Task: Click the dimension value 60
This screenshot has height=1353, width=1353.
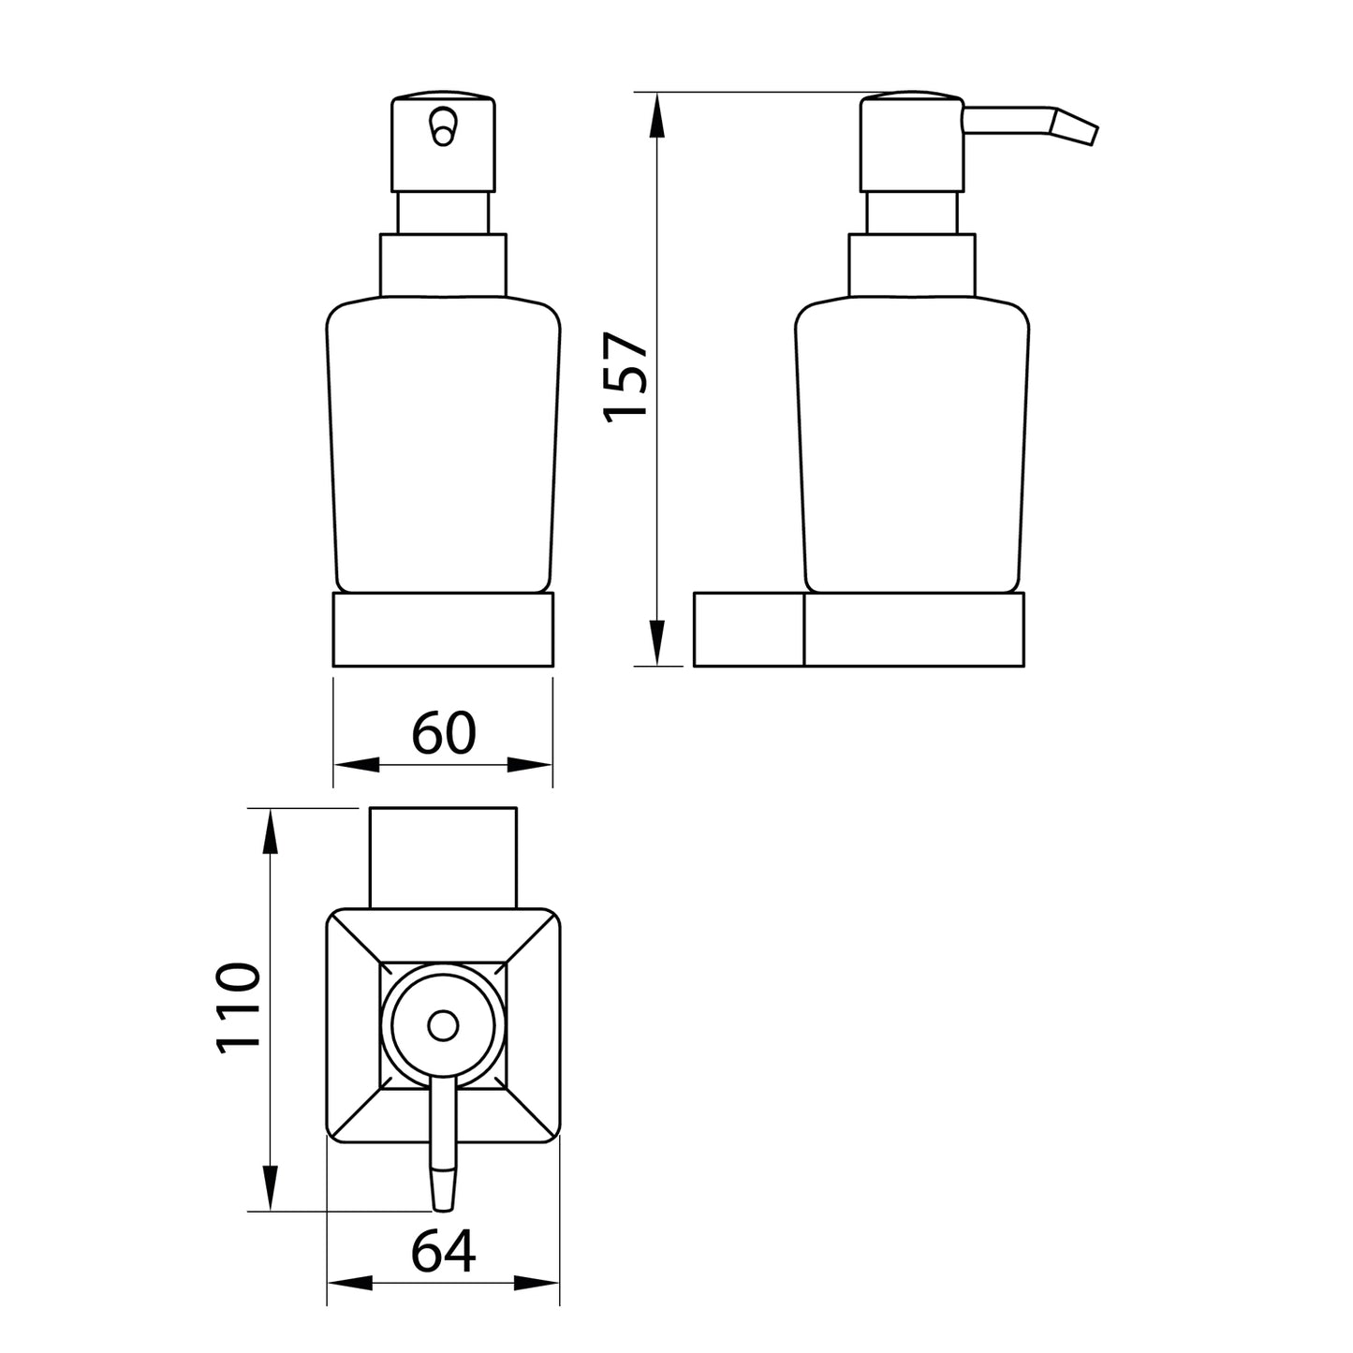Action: point(444,733)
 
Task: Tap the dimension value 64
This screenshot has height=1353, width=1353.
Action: point(444,1251)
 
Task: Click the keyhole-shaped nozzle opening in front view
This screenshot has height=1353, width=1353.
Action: point(442,127)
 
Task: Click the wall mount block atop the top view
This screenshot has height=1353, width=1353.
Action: point(444,857)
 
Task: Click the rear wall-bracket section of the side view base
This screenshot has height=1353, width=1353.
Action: point(748,629)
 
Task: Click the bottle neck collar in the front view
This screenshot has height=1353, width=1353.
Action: point(443,266)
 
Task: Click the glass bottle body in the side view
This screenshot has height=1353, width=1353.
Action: point(912,449)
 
